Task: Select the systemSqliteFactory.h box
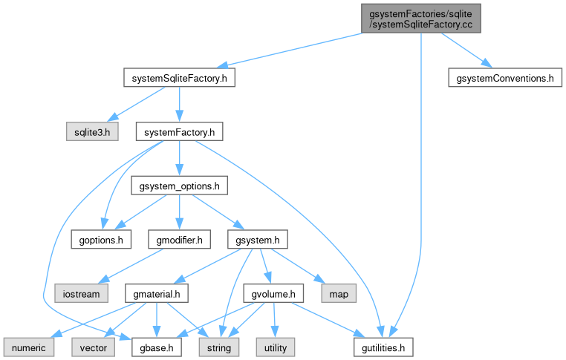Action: [x=179, y=77]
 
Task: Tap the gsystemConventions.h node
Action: [x=504, y=77]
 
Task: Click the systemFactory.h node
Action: [x=179, y=132]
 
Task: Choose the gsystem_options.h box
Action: [x=179, y=186]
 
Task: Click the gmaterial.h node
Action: [x=156, y=294]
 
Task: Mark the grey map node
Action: [x=339, y=294]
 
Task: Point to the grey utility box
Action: [x=276, y=347]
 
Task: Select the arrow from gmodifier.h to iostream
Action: [x=134, y=265]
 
